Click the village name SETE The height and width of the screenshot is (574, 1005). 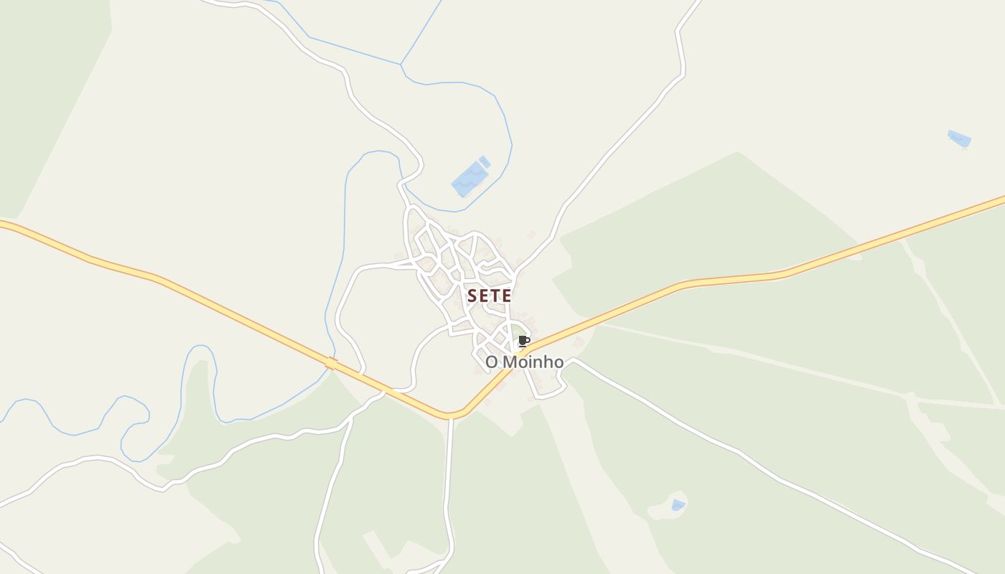[490, 296]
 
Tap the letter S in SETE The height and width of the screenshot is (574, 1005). [472, 296]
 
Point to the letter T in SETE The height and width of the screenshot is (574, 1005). [495, 296]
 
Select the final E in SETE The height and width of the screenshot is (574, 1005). [507, 296]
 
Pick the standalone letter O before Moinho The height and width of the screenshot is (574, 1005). [492, 362]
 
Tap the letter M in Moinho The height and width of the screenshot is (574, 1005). [508, 362]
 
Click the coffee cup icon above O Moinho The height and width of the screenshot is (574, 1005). [523, 341]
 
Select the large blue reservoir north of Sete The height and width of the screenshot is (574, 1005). [469, 179]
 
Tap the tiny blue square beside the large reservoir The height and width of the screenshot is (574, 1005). [485, 161]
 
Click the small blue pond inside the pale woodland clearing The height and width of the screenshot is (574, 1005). [677, 506]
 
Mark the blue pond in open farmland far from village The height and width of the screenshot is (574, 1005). [959, 138]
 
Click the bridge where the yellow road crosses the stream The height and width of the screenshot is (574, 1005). [331, 364]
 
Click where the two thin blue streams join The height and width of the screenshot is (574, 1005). [401, 65]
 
